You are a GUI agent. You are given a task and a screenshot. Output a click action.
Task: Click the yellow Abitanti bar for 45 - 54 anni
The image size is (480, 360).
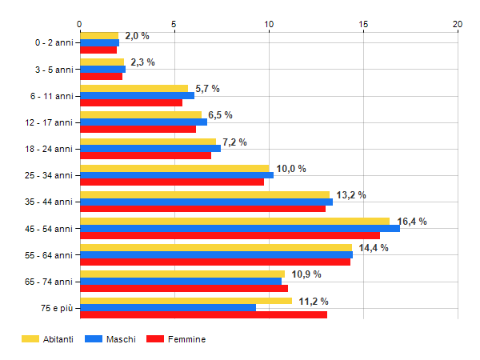(234, 222)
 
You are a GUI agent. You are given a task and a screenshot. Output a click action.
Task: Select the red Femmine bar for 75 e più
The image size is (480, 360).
(203, 314)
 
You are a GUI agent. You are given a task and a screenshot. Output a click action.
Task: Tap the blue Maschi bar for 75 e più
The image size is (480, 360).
(168, 307)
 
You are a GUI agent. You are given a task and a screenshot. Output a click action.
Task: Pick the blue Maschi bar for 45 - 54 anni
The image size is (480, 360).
(239, 229)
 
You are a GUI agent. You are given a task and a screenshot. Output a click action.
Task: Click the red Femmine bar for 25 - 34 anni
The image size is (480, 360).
(172, 182)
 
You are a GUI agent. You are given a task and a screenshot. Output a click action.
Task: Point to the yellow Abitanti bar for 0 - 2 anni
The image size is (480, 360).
(99, 36)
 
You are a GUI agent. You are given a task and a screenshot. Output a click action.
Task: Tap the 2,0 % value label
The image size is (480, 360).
(137, 36)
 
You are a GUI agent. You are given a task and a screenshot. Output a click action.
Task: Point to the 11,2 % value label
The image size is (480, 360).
(314, 301)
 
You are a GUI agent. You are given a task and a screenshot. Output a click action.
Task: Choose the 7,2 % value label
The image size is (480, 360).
(234, 142)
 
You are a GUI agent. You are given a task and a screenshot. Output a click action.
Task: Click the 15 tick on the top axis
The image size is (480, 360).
(363, 24)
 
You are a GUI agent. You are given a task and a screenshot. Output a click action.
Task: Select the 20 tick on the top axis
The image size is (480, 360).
(458, 24)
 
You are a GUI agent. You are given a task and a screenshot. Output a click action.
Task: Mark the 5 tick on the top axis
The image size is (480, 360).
(174, 24)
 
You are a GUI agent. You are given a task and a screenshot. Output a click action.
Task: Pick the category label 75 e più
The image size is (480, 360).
(58, 307)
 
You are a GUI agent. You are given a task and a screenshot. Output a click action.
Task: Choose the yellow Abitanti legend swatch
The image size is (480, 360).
(30, 339)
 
